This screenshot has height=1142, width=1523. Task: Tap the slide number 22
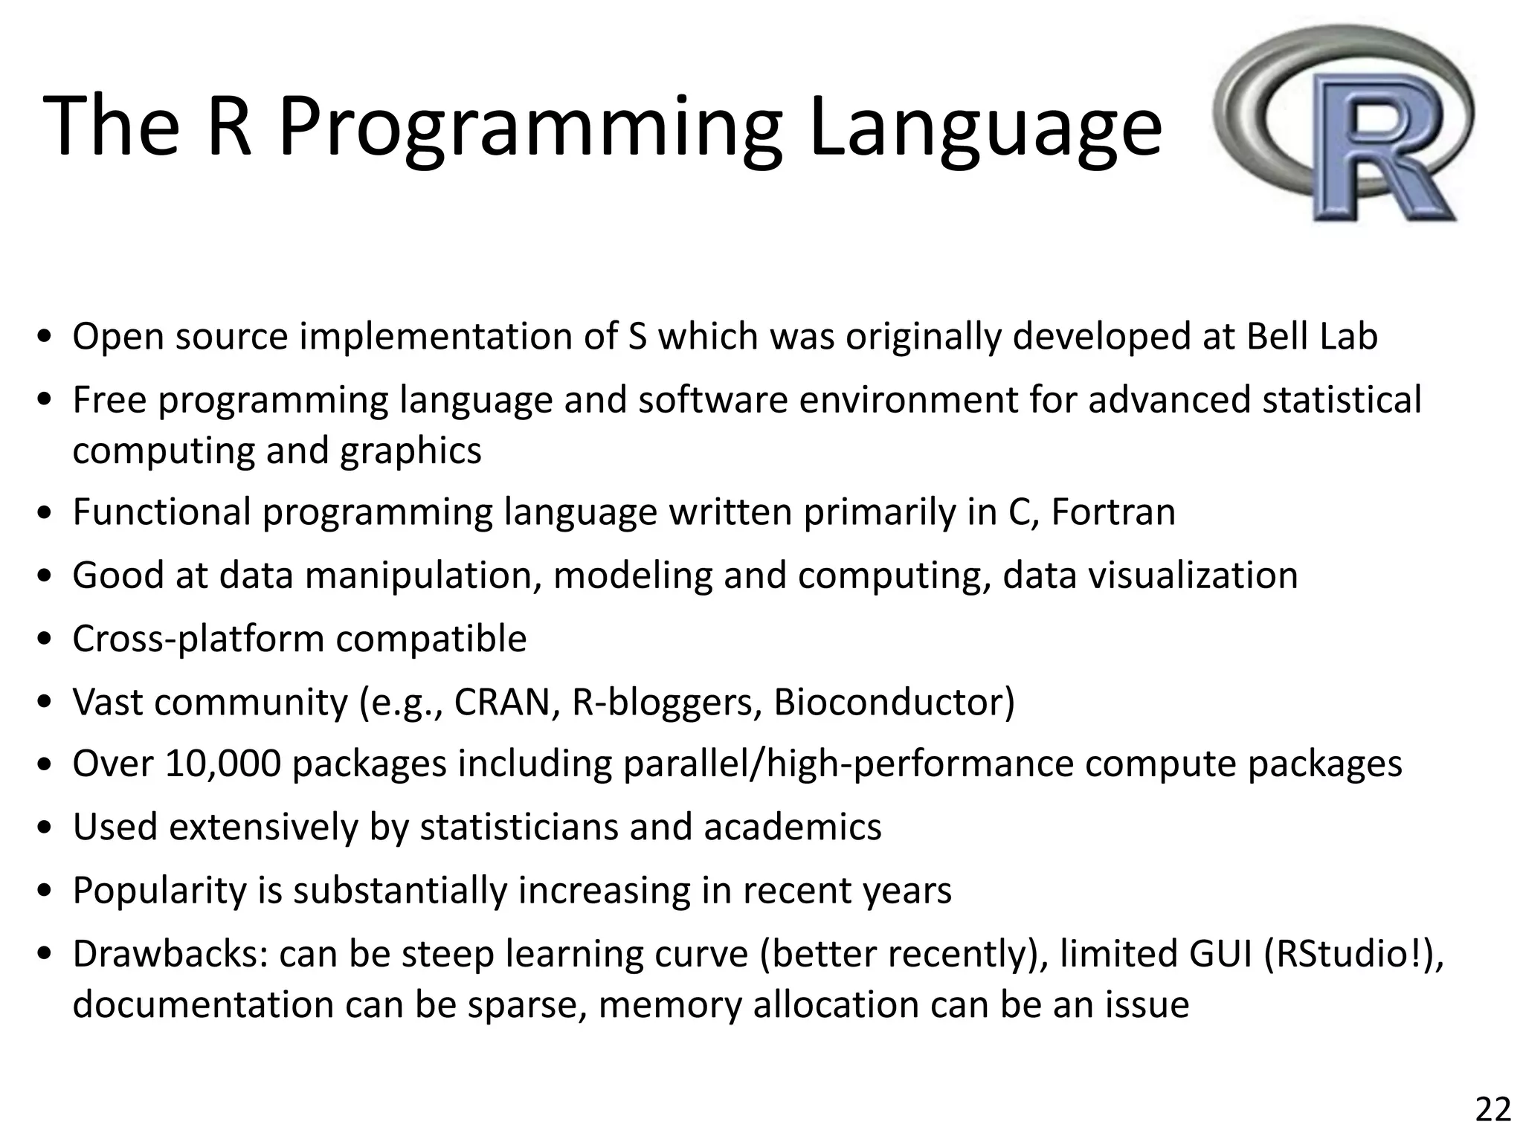(1493, 1109)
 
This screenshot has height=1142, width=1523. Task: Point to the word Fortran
(1113, 512)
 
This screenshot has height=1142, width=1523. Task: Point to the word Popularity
(159, 890)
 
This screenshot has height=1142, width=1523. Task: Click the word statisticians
(518, 827)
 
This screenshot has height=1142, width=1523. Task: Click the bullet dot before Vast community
(46, 703)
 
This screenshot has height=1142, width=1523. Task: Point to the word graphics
(410, 451)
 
